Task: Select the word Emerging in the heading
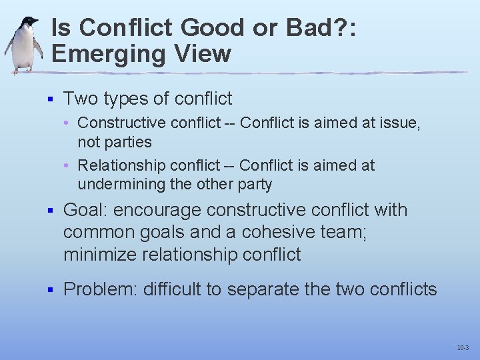[x=109, y=53]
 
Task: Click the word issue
[x=399, y=123]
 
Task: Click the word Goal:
[x=85, y=210]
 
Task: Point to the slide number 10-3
[x=463, y=348]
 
